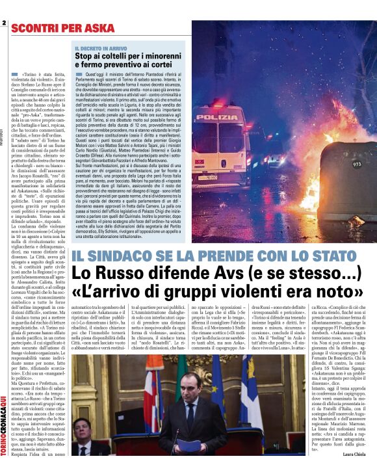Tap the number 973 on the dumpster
[x=357, y=165]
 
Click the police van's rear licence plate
[x=226, y=176]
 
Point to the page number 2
[x=3, y=24]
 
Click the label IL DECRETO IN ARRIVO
[x=101, y=48]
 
